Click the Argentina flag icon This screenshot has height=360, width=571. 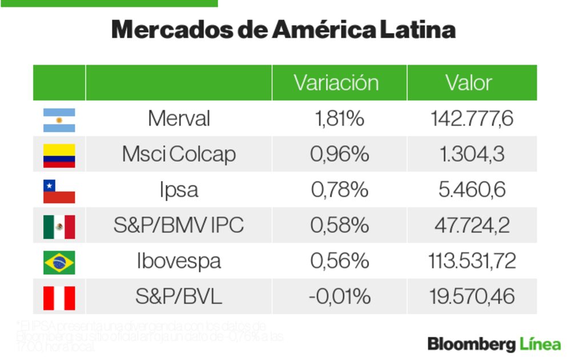point(59,119)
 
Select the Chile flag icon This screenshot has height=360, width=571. point(59,191)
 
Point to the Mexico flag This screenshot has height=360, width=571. point(59,226)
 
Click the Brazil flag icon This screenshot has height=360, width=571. point(59,262)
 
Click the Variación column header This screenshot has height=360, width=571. point(336,83)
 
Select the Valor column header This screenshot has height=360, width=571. point(469,83)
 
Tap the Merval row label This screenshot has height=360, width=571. point(179,119)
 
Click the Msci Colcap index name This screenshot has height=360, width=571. point(179,154)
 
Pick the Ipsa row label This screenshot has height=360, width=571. point(179,190)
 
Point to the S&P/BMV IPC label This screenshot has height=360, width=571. point(179,226)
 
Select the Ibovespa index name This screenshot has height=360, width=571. point(179,262)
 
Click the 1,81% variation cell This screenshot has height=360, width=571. point(339,119)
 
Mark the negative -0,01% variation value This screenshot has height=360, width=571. point(339,297)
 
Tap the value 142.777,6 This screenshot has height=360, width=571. point(472,119)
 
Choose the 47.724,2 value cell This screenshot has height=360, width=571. point(472,226)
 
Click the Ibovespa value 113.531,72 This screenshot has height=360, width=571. point(472,262)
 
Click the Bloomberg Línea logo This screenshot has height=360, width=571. point(494,344)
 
